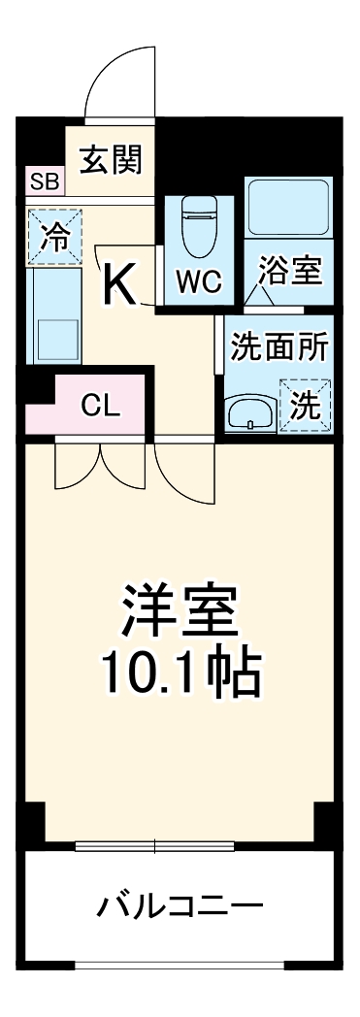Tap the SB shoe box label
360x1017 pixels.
click(x=44, y=180)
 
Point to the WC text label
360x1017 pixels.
click(x=198, y=283)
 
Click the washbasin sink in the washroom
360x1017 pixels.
click(x=249, y=412)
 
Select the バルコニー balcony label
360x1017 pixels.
click(x=180, y=909)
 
